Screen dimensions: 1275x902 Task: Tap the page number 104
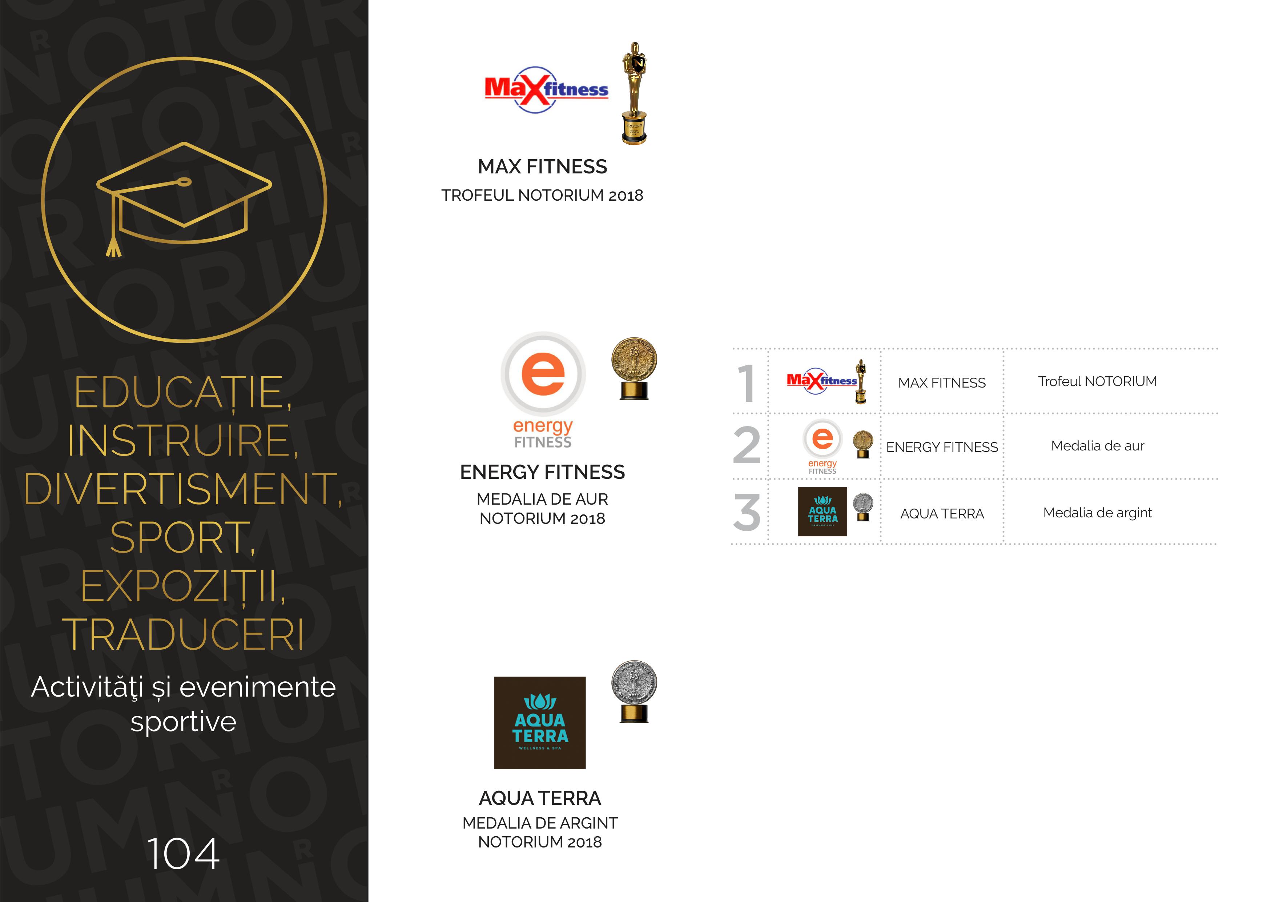point(183,854)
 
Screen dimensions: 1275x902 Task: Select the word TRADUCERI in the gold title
point(183,634)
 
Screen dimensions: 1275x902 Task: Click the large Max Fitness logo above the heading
point(546,90)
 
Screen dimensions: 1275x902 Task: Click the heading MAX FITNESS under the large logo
point(543,167)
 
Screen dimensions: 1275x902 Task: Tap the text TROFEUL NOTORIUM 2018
point(543,196)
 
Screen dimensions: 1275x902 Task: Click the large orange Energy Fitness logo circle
point(543,374)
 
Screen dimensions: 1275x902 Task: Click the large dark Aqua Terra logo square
point(540,723)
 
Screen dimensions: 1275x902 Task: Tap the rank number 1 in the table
point(747,383)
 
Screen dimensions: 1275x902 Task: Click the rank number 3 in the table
point(747,512)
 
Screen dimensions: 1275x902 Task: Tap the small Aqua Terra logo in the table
point(822,512)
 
